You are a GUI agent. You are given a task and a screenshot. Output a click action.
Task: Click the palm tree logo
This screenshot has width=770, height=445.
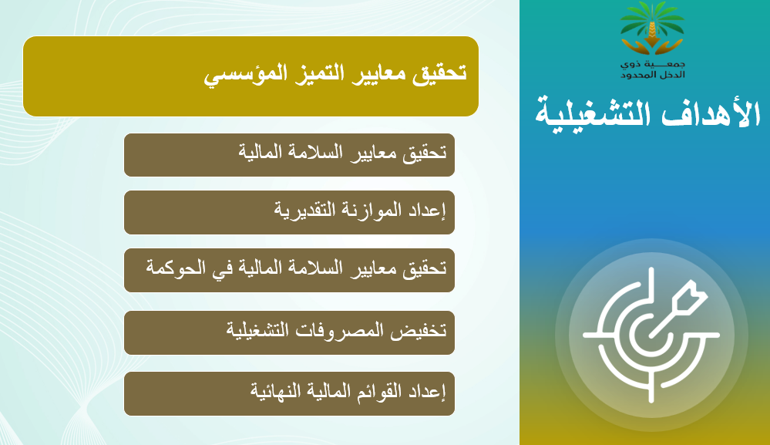point(651,29)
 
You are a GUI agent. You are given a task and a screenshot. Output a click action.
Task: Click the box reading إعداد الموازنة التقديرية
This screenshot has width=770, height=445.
point(289,212)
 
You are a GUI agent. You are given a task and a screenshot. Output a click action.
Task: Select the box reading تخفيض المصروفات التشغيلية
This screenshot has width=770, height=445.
point(289,332)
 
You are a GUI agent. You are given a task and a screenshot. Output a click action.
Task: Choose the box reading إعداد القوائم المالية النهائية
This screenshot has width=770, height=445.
point(289,393)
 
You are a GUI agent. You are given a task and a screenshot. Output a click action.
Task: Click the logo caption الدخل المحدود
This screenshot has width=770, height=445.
point(652,75)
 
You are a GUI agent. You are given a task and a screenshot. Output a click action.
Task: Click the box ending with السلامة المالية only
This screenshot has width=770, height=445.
point(289,155)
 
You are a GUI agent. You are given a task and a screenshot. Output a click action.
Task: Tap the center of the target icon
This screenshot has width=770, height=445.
point(651,335)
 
